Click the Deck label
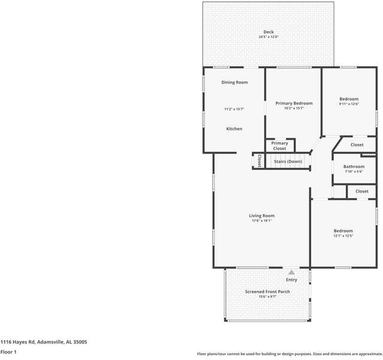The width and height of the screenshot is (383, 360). pos(268,32)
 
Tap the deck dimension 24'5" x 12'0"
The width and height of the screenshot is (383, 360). pos(268,37)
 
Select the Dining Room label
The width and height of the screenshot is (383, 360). pos(234,82)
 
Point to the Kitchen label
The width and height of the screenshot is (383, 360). pos(234,129)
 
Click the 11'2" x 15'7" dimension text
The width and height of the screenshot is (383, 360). pos(234,109)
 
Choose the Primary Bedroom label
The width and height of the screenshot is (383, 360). pos(294,103)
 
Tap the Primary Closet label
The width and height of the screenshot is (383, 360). pos(279,146)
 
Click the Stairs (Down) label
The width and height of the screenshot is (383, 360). pos(288,161)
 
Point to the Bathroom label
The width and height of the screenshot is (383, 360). pos(354,167)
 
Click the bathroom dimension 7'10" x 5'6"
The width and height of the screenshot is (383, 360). pos(354,172)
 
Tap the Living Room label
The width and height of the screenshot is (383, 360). pos(262,215)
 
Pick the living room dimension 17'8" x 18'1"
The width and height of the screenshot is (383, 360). pos(262,221)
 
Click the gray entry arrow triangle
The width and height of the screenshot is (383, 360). pos(291,272)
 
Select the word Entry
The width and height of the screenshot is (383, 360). pos(291,280)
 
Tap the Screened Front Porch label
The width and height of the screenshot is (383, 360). pos(267,292)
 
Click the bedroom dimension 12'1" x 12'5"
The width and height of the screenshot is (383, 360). pos(343,236)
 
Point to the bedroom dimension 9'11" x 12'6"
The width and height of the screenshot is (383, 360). pos(349,104)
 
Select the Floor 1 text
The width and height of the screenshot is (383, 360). pos(8,352)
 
